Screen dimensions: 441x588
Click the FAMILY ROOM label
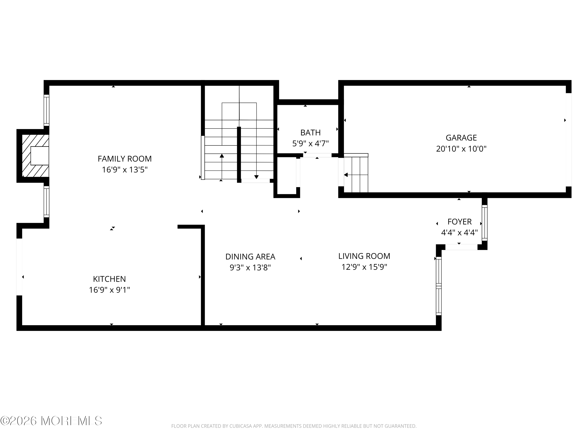(x=124, y=159)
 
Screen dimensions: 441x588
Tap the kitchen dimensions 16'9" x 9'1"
(x=109, y=290)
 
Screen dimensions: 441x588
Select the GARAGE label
(x=461, y=138)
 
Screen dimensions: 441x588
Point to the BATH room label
(x=310, y=132)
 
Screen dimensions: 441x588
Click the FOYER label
(x=459, y=221)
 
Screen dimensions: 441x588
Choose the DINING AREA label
(x=250, y=257)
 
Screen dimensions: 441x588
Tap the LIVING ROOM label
(x=364, y=256)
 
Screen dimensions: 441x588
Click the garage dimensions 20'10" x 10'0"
(x=461, y=149)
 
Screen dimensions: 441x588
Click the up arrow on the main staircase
(x=222, y=156)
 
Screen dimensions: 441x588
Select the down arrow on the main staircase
(x=256, y=177)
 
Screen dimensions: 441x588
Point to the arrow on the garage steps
(x=346, y=175)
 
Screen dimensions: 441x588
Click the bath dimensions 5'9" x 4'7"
(x=310, y=143)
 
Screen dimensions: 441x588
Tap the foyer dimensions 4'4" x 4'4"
(x=459, y=233)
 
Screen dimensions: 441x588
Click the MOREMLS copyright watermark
(x=51, y=421)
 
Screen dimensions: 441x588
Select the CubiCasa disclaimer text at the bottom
(x=294, y=426)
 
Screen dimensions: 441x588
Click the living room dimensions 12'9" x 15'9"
(x=364, y=267)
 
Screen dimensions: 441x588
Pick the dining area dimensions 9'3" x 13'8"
(x=250, y=267)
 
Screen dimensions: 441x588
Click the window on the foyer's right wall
(x=485, y=223)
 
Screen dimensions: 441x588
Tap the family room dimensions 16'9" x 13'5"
(x=124, y=170)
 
